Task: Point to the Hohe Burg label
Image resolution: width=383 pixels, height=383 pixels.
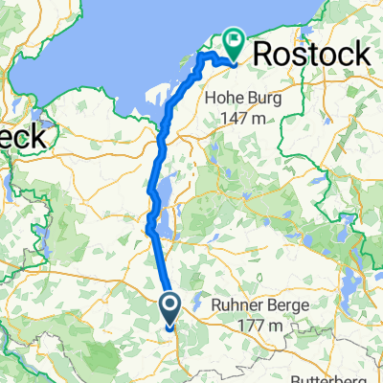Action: (x=246, y=98)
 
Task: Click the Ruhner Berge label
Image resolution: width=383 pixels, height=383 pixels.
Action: (x=255, y=308)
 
